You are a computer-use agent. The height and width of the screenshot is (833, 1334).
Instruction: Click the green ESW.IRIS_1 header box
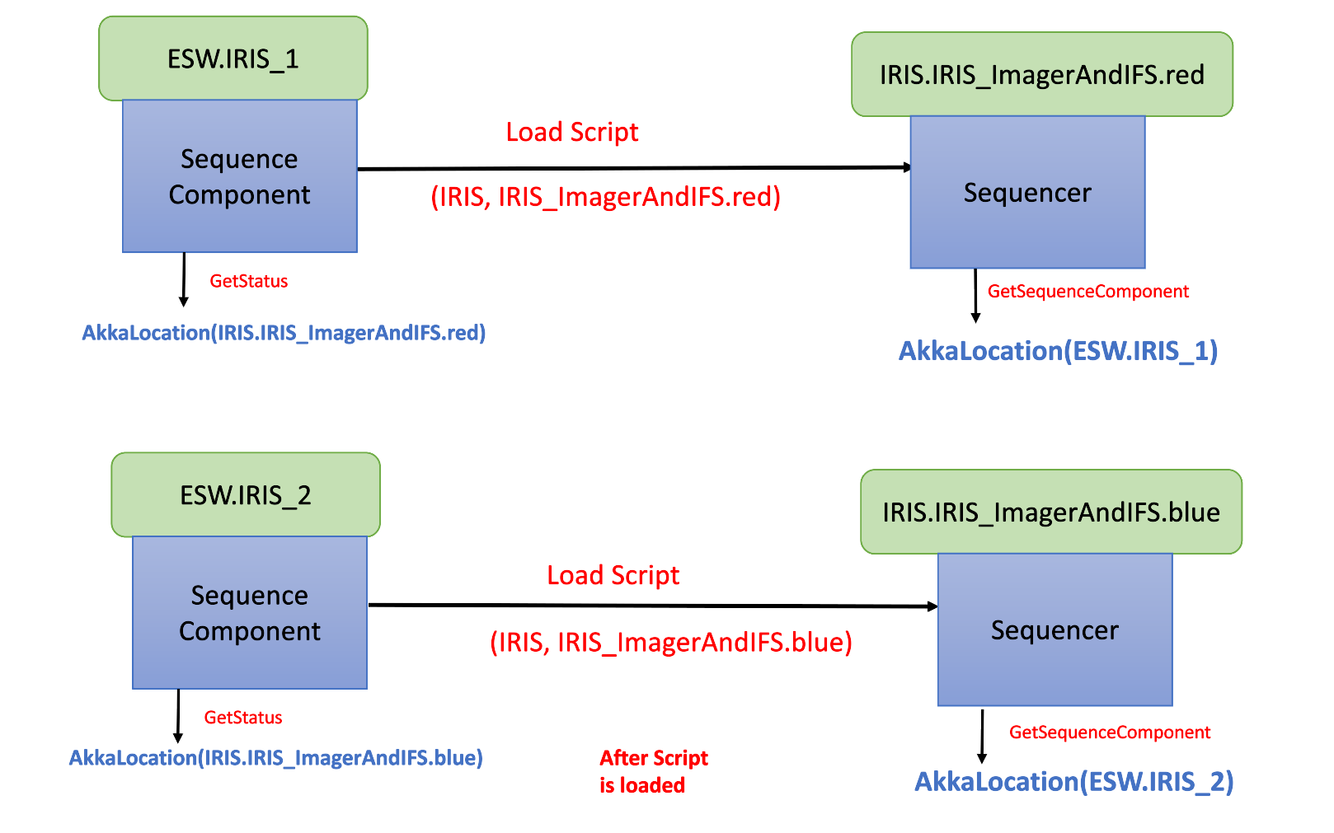[233, 58]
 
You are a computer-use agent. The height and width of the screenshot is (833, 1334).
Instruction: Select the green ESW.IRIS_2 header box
[246, 494]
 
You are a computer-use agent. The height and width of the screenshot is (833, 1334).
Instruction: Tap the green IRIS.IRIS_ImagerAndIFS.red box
[1041, 74]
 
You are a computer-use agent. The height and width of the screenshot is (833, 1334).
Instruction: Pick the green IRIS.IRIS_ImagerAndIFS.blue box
[1050, 512]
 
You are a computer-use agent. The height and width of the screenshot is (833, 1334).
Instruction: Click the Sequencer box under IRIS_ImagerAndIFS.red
[1027, 193]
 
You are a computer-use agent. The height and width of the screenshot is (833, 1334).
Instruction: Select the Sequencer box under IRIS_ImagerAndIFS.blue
[1055, 630]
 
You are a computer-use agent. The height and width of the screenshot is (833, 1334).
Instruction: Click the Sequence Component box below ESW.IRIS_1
[239, 176]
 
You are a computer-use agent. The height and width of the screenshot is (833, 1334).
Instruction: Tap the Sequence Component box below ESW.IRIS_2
[249, 613]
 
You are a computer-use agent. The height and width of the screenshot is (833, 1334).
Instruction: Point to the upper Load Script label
[571, 132]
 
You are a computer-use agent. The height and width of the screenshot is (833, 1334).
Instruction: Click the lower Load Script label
[613, 575]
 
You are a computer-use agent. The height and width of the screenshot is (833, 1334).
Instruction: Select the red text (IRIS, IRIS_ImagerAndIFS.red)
[605, 197]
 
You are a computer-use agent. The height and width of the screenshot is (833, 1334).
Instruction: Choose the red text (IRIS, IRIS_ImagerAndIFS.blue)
[670, 642]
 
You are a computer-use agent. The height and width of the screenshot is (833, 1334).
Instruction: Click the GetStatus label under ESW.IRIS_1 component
[248, 281]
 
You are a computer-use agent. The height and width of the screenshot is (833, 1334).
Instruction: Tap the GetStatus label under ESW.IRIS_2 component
[242, 718]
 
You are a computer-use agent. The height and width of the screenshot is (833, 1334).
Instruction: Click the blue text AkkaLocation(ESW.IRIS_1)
[1058, 351]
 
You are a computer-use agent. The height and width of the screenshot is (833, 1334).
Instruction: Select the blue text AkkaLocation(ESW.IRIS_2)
[1073, 781]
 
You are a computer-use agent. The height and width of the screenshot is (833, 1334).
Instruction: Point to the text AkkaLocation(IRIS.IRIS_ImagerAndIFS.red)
[284, 333]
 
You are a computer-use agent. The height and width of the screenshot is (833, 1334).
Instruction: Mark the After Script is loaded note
[652, 771]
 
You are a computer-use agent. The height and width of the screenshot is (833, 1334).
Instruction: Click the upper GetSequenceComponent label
[1087, 292]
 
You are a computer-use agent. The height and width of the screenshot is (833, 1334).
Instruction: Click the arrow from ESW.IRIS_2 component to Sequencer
[651, 606]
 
